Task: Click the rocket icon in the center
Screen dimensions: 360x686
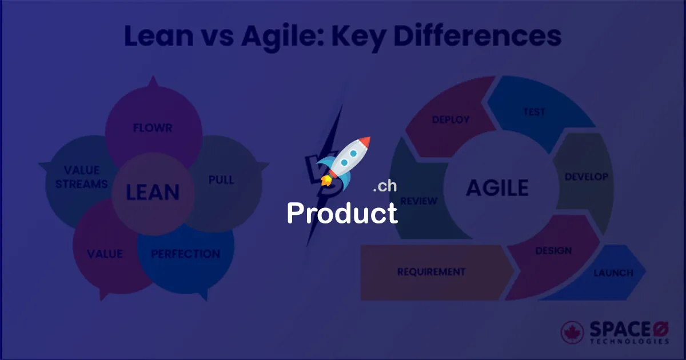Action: click(x=343, y=162)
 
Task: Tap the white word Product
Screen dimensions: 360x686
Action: click(x=342, y=213)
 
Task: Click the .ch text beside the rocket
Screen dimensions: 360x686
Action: click(x=384, y=186)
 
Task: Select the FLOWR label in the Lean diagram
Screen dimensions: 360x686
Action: click(x=153, y=128)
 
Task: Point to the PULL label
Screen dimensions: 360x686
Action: click(x=221, y=180)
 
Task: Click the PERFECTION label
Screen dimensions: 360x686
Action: click(x=185, y=254)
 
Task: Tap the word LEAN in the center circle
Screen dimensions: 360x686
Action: click(x=153, y=193)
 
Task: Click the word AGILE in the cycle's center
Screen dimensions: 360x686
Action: click(x=497, y=187)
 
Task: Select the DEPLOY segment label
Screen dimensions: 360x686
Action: click(x=450, y=119)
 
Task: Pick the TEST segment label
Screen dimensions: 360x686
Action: click(x=535, y=112)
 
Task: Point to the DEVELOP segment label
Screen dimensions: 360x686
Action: click(x=587, y=177)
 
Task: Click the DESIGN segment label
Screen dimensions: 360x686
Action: click(x=553, y=251)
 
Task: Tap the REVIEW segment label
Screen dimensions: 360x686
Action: click(x=419, y=201)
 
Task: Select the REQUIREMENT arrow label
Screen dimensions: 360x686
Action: click(x=432, y=272)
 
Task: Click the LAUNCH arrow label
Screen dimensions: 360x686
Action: click(x=613, y=273)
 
